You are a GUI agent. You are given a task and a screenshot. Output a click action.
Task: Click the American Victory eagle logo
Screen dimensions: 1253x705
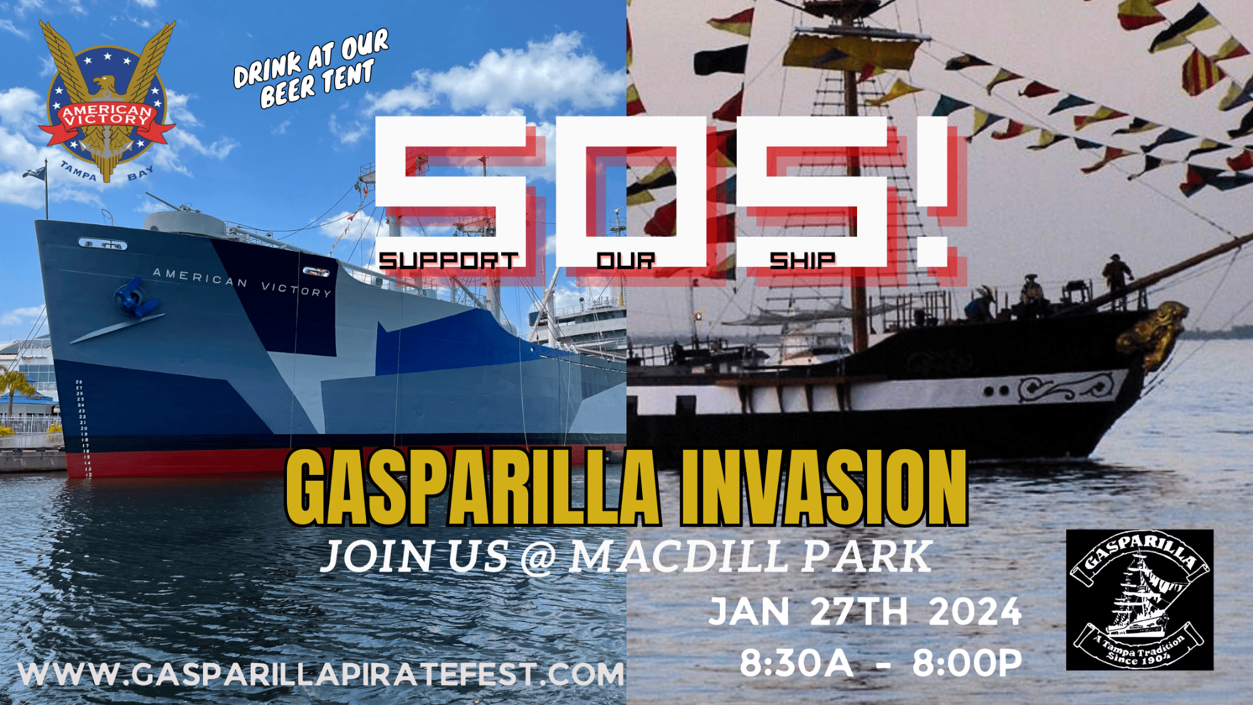107,102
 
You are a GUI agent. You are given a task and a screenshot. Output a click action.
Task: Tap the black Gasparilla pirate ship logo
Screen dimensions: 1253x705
1140,600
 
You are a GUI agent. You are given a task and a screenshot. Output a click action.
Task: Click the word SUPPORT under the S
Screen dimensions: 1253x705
449,260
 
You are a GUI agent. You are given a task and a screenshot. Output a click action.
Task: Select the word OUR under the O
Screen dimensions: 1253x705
625,260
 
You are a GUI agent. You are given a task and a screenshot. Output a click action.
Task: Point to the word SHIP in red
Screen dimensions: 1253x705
803,260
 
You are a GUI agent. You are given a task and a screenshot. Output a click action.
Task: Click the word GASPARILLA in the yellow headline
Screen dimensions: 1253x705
472,488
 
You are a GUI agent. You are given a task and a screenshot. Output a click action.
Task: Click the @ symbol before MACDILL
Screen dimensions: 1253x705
538,557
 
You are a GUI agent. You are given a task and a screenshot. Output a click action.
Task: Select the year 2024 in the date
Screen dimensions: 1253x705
975,612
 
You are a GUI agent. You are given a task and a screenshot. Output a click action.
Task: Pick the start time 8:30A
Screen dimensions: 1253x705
796,663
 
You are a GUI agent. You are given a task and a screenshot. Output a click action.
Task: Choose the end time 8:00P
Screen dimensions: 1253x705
967,663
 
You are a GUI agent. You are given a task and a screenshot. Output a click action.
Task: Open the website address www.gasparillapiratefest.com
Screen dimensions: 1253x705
321,674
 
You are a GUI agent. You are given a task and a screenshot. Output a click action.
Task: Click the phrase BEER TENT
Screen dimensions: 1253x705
317,84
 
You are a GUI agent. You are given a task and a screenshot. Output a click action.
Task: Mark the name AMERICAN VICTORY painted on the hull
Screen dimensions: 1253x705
242,282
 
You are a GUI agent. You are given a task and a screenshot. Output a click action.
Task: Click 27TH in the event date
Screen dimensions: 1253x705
859,612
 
